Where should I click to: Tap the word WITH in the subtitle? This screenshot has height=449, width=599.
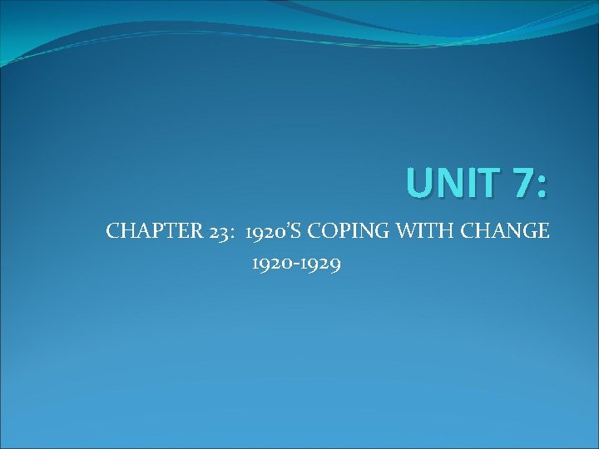[416, 231]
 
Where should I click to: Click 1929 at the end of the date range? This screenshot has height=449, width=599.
[324, 264]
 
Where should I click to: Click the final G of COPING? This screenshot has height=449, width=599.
[377, 231]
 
